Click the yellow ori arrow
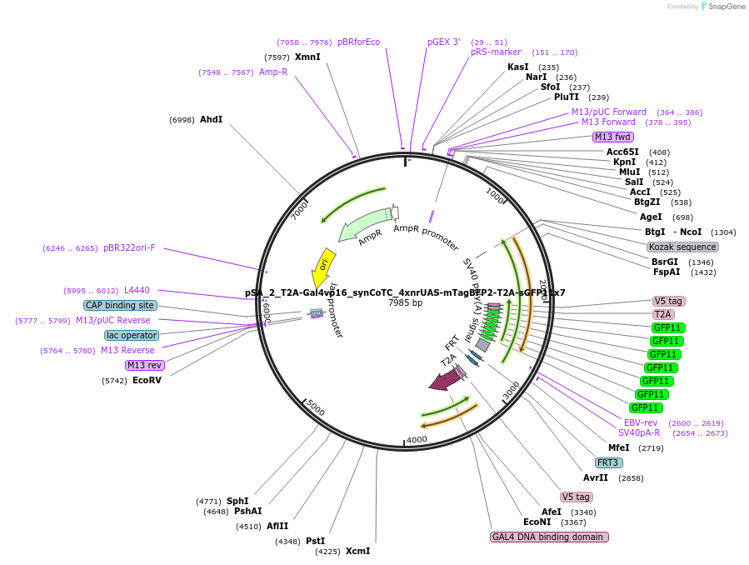(x=323, y=262)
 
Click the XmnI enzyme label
(x=307, y=57)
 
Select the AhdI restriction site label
(x=211, y=120)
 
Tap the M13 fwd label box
(x=612, y=137)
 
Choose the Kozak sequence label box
(x=682, y=247)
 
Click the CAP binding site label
(x=120, y=306)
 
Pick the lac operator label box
(x=132, y=335)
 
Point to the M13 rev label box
(x=144, y=365)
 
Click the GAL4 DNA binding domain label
(x=549, y=537)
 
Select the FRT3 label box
(x=607, y=463)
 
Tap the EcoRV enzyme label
(x=147, y=380)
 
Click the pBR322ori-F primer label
(x=129, y=247)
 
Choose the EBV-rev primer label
(x=641, y=422)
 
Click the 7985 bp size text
(x=405, y=302)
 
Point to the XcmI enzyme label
(x=357, y=551)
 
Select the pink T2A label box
(x=663, y=314)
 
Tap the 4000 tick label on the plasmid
(x=417, y=439)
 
